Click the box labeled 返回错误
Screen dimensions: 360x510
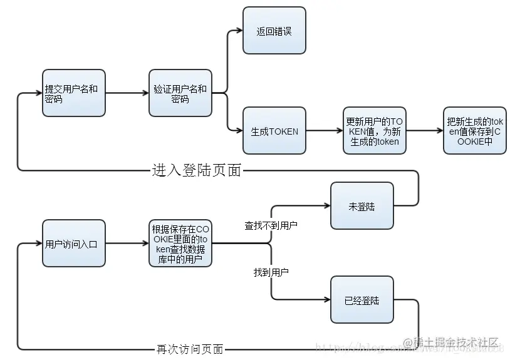(274, 31)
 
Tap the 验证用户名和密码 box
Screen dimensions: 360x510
(180, 93)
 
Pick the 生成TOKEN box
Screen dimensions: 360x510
(274, 131)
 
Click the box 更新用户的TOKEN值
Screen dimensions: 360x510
(374, 131)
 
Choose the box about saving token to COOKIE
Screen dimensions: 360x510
(474, 131)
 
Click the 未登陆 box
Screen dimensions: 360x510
(362, 206)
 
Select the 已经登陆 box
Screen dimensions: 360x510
(362, 300)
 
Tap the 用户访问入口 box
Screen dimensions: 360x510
(73, 244)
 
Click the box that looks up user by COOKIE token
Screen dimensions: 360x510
(180, 244)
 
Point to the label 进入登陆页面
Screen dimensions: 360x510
(196, 170)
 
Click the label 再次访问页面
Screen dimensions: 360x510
(189, 349)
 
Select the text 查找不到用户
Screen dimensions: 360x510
(271, 225)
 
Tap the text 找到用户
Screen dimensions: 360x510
(271, 272)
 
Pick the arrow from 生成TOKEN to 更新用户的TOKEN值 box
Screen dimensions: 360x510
(324, 131)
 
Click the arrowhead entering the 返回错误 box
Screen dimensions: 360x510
(238, 30)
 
